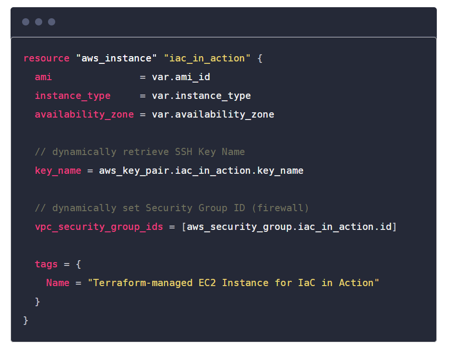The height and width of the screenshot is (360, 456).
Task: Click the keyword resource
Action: click(x=47, y=58)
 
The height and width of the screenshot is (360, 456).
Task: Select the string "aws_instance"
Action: click(x=116, y=58)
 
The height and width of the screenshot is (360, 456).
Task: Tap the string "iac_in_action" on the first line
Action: click(x=207, y=58)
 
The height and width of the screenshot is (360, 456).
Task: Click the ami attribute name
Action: click(x=43, y=77)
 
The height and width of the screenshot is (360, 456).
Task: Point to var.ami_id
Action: click(x=181, y=77)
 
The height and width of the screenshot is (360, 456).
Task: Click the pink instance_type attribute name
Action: click(x=72, y=96)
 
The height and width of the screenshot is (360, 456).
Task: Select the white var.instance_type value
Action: click(x=201, y=96)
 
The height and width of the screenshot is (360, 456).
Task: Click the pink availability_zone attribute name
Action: click(x=84, y=114)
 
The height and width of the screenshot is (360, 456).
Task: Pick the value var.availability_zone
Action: click(x=213, y=114)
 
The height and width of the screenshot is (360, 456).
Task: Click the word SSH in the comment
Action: click(x=183, y=152)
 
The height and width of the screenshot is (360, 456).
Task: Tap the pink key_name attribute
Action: click(x=58, y=170)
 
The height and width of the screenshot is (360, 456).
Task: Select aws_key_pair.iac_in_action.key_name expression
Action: click(x=201, y=170)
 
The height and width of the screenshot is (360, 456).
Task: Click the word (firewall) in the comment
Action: click(x=280, y=208)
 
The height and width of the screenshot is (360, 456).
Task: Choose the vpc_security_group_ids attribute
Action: click(x=99, y=227)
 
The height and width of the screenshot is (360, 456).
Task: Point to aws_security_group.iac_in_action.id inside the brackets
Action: click(x=289, y=227)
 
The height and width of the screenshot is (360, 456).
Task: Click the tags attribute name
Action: click(x=46, y=264)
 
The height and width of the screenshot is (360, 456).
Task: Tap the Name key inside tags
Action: click(x=58, y=283)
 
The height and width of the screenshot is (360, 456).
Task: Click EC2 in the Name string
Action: click(x=207, y=283)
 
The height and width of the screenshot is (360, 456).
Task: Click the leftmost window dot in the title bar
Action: click(x=25, y=22)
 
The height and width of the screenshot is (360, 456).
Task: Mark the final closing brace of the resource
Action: click(x=25, y=321)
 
